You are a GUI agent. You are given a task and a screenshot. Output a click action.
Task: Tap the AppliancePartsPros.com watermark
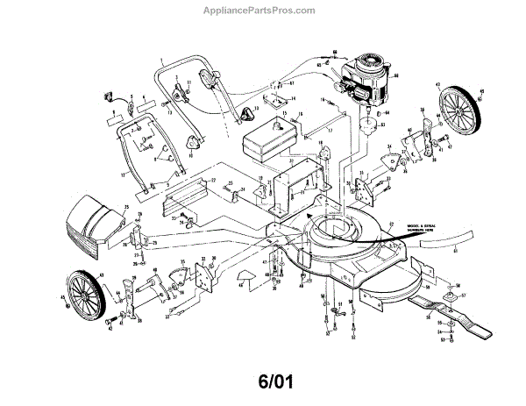click(x=263, y=11)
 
